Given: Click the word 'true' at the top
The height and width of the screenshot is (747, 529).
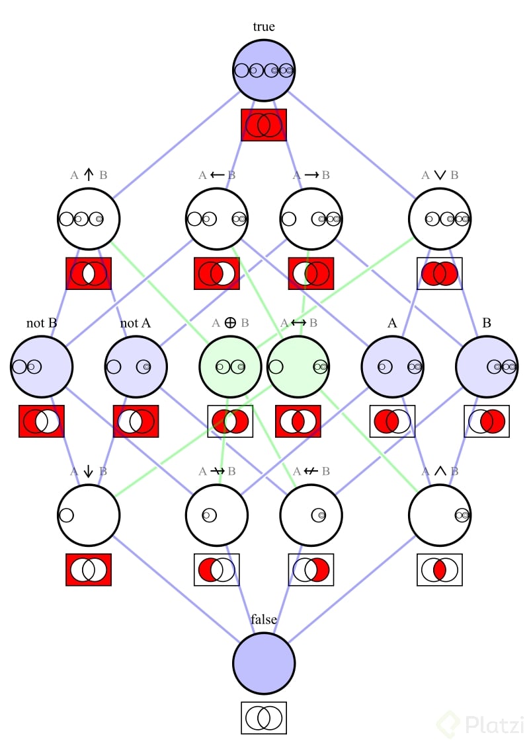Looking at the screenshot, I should click(x=264, y=27).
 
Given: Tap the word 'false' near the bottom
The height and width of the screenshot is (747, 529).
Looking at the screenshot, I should click(x=264, y=620).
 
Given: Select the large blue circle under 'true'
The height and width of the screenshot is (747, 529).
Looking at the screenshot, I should click(x=264, y=71).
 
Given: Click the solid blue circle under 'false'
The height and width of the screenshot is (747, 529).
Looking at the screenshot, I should click(x=264, y=663).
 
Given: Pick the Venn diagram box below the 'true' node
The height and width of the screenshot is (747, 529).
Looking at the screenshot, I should click(x=264, y=125).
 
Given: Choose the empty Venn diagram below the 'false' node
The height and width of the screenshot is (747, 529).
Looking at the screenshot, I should click(x=264, y=718).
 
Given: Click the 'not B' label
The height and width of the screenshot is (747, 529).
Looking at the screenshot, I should click(x=42, y=323).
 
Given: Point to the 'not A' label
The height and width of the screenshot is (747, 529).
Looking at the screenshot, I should click(x=136, y=323).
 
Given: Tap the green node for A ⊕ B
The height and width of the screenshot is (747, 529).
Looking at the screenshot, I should click(x=230, y=367).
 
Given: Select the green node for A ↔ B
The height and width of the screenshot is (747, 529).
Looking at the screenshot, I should click(x=298, y=367).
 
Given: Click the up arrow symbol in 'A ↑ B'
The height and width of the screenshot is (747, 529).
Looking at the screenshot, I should click(x=89, y=175).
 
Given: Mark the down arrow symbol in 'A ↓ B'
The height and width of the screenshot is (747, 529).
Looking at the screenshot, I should click(x=89, y=472).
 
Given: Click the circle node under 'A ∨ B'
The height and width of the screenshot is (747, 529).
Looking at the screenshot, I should click(x=440, y=219).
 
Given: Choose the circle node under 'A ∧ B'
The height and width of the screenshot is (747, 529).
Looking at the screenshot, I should click(x=440, y=515).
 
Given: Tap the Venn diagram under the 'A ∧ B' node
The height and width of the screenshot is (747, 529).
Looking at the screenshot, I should click(x=440, y=570).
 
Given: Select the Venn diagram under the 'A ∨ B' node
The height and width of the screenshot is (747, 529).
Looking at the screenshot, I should click(x=440, y=273).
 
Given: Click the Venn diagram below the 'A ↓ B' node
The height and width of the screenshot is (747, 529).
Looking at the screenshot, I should click(x=89, y=570).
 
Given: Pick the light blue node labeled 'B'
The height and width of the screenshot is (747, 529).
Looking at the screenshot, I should click(x=487, y=367).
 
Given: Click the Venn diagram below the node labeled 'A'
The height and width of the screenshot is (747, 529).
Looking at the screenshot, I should click(x=392, y=421).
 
